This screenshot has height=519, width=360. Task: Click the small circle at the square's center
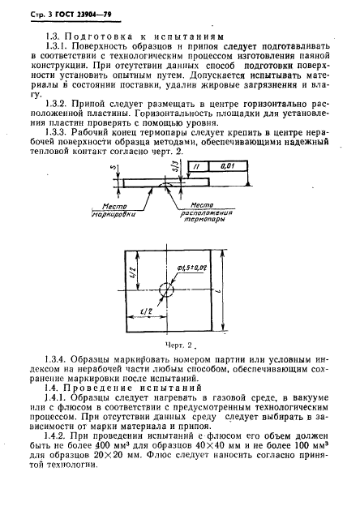(x=166, y=290)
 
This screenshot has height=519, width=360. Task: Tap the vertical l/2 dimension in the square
(x=133, y=276)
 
